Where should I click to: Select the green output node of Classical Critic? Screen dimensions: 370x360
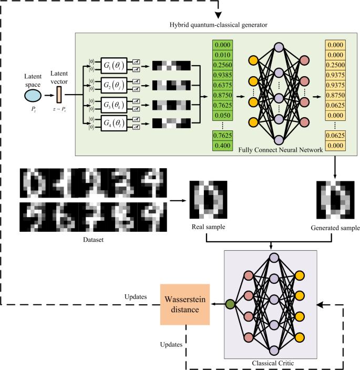[230, 303]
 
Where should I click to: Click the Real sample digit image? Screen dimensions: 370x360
[209, 200]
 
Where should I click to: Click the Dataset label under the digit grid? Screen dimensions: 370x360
[94, 239]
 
